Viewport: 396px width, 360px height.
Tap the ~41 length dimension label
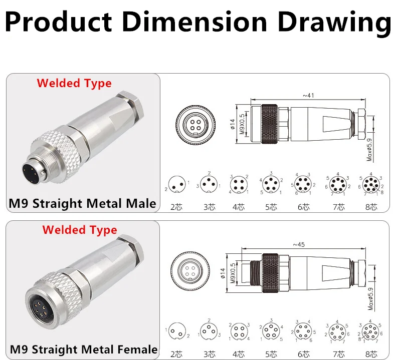coord(308,95)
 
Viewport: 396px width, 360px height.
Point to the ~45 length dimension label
coord(299,244)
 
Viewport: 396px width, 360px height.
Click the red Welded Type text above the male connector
coord(74,83)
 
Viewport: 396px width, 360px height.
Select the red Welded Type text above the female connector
coord(80,230)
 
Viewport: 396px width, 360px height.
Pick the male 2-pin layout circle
coord(177,184)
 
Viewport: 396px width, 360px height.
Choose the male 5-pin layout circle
coord(271,184)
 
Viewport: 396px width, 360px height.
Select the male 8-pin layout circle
coord(371,184)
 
